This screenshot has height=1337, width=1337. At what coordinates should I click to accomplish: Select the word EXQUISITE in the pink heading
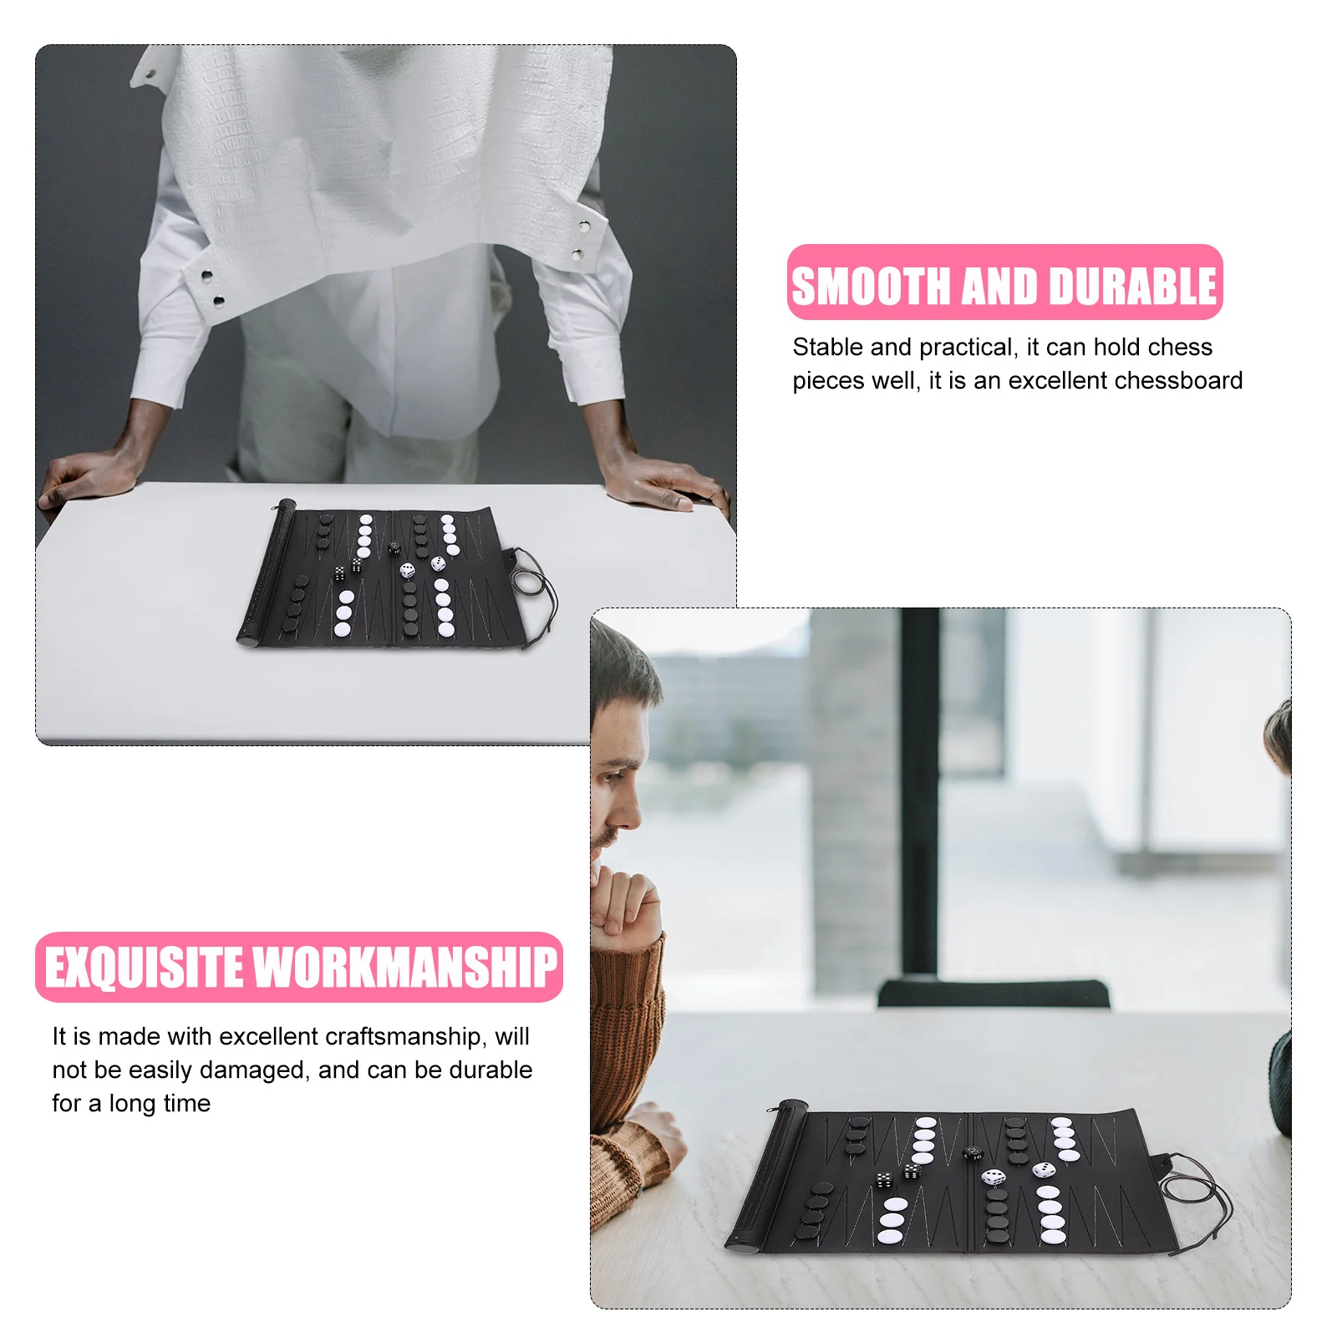[x=143, y=968]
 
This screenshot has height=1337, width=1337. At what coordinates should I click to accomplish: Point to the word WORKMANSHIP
[x=404, y=968]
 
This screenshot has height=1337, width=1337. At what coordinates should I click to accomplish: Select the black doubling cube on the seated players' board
[x=972, y=1154]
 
